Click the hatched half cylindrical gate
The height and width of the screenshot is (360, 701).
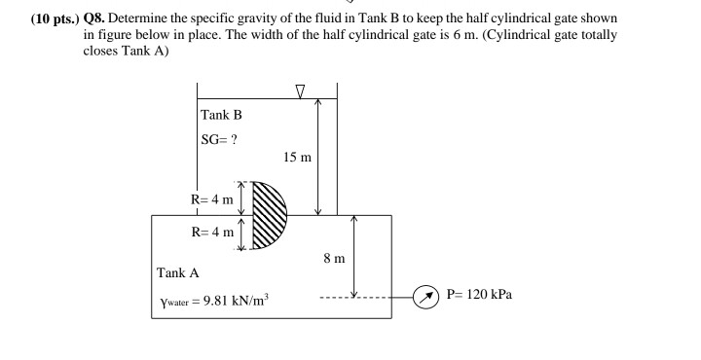click(268, 215)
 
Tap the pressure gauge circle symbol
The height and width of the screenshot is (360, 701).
click(424, 295)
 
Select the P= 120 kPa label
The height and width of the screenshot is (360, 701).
click(478, 294)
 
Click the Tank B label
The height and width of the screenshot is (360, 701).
click(221, 116)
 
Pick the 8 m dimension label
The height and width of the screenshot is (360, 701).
click(333, 258)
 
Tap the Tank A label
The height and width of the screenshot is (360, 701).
click(177, 273)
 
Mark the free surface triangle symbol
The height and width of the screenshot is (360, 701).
click(300, 92)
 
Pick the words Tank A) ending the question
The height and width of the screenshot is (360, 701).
click(146, 50)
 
